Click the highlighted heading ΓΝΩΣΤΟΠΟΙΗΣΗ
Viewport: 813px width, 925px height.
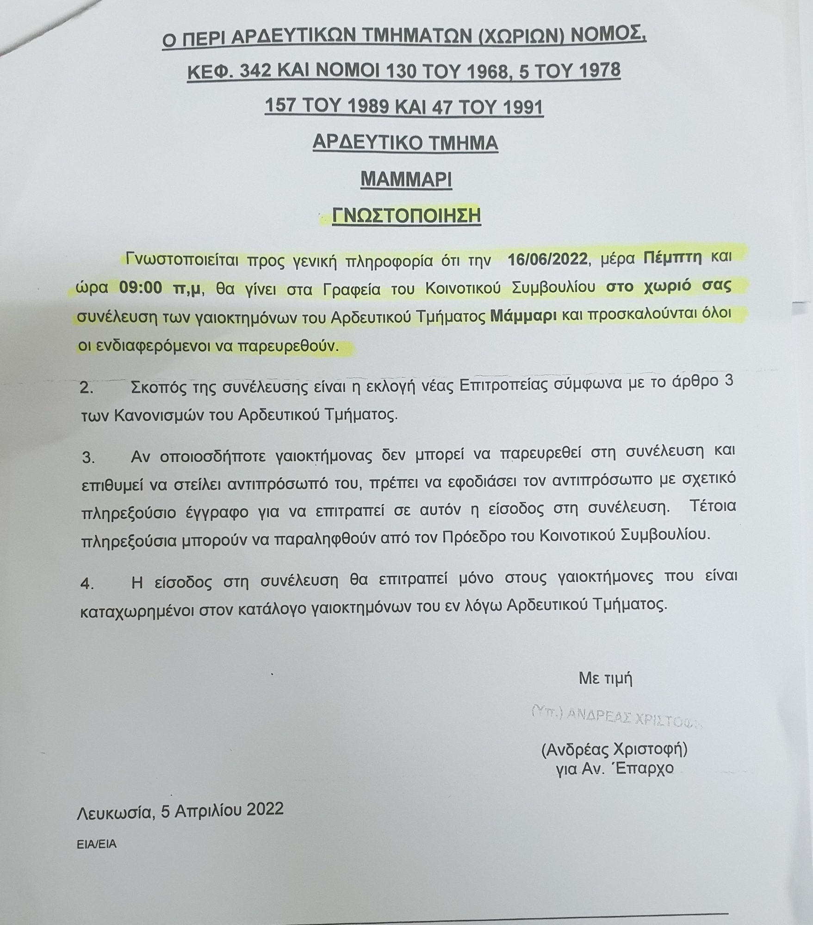(x=406, y=216)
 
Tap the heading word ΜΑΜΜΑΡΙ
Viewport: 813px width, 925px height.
(x=406, y=179)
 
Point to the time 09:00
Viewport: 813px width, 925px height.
(x=141, y=289)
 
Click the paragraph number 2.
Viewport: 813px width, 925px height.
(x=87, y=387)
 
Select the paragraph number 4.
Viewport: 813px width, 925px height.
(x=87, y=583)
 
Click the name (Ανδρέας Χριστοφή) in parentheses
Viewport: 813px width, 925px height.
(x=614, y=749)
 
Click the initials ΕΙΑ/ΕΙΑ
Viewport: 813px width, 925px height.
(x=97, y=844)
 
